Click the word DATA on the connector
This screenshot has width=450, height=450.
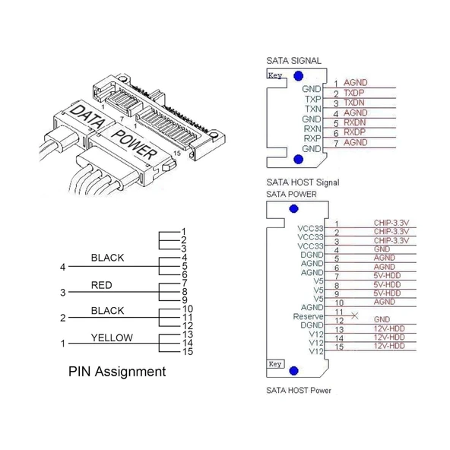coord(87,116)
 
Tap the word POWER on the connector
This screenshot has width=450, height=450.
coord(135,144)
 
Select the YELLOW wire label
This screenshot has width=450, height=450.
coord(112,337)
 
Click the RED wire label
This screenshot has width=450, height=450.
coord(102,285)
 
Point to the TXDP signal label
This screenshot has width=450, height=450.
coord(354,93)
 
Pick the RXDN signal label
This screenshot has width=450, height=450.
coord(355,122)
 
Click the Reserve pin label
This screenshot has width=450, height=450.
coord(308,316)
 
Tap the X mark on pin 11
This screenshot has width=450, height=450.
coord(355,315)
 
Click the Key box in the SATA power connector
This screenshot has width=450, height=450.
coord(275,364)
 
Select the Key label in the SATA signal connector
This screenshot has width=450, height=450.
coord(275,75)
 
